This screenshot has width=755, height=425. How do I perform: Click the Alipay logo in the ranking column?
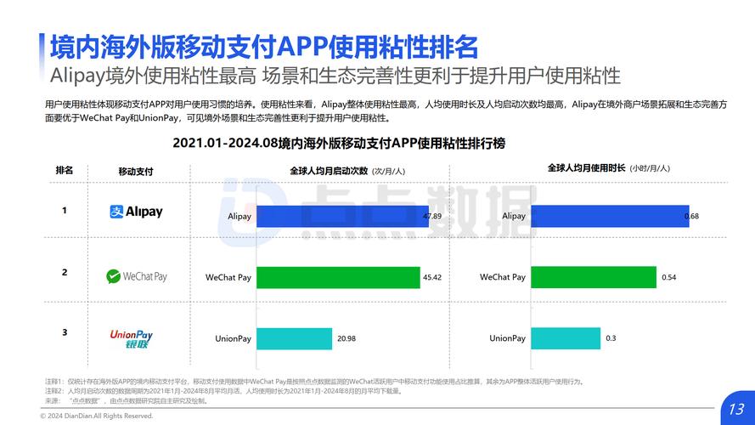click(136, 212)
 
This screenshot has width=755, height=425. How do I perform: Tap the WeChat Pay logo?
click(136, 276)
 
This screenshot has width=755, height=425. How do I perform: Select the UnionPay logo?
click(132, 338)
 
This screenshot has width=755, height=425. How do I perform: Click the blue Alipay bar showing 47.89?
click(342, 217)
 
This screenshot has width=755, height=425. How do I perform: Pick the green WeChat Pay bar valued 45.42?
click(338, 277)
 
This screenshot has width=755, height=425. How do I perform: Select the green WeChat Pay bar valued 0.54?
click(594, 277)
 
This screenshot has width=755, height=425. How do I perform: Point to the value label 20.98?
click(347, 339)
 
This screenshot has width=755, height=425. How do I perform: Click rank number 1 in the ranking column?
click(65, 211)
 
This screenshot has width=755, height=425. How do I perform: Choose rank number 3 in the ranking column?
click(65, 332)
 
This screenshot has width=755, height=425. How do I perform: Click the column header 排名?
click(65, 170)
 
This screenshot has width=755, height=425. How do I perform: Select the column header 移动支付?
click(136, 171)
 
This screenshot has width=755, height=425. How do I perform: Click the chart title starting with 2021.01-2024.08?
click(345, 143)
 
